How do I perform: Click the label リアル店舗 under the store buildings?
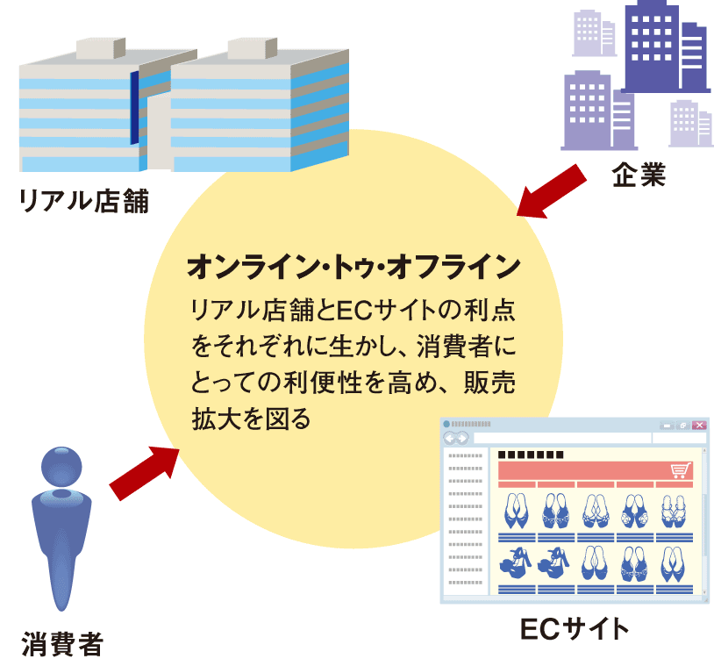tap(84, 201)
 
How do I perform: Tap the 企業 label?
tap(639, 175)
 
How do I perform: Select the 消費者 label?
tap(62, 644)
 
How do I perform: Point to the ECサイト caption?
tap(575, 629)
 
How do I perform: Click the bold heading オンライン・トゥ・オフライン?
tap(353, 267)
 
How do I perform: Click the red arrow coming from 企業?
tap(552, 191)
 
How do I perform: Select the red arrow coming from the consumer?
tap(145, 473)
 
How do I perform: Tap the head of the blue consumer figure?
tap(61, 467)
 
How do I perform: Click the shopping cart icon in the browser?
tap(681, 470)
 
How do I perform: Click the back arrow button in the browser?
tap(450, 439)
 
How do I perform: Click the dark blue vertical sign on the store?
tap(134, 108)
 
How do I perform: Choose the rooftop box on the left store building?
tap(101, 48)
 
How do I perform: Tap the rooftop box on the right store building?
tap(253, 48)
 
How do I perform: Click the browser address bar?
tap(562, 438)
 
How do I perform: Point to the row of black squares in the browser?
tap(531, 455)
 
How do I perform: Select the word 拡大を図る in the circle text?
tap(252, 419)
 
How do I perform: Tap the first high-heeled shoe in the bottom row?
tap(516, 563)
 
